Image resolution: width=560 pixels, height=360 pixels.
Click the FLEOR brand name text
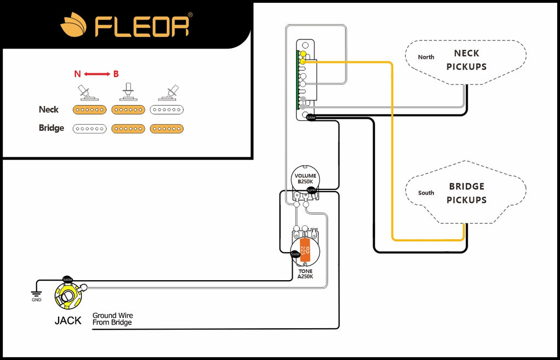tap(143, 25)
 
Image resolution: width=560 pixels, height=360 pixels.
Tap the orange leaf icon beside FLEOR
tap(73, 26)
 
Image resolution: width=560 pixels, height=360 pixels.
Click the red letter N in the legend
tap(77, 74)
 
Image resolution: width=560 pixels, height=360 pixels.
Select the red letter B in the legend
tap(116, 74)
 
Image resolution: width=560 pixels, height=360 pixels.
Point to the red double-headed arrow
tap(97, 74)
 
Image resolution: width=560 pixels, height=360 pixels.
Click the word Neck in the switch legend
tap(48, 109)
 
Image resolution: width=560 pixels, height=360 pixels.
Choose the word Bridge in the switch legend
tap(51, 128)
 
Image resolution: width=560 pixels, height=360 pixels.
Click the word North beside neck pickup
tap(426, 57)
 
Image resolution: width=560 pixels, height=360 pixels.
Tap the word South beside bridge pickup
tap(426, 193)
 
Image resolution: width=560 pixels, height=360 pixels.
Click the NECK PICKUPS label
tap(466, 60)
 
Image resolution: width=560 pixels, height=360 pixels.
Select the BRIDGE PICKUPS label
tap(466, 193)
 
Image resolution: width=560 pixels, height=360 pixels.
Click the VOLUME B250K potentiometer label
tap(305, 179)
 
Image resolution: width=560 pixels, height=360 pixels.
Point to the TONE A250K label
tap(306, 274)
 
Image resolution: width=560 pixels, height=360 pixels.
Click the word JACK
tap(68, 321)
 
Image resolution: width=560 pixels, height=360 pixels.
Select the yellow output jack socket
tap(68, 296)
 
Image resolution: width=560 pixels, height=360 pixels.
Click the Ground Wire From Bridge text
tap(113, 319)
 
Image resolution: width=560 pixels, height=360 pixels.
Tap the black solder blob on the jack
tap(67, 280)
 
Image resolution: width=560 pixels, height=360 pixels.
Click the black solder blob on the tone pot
tap(295, 253)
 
